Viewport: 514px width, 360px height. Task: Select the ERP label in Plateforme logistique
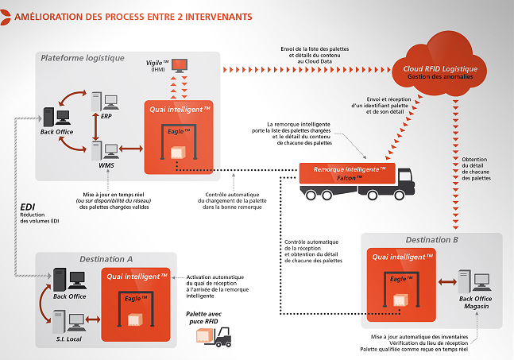106,116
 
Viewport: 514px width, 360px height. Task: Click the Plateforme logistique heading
83,58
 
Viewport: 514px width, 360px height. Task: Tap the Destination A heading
106,258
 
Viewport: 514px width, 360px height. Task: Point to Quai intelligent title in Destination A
137,275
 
